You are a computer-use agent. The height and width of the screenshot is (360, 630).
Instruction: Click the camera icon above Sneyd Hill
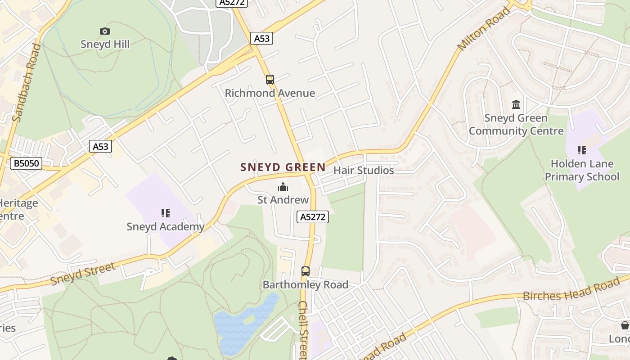point(104,31)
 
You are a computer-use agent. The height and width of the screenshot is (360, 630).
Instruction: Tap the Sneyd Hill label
point(105,44)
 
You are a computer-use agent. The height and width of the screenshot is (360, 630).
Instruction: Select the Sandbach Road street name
point(25,83)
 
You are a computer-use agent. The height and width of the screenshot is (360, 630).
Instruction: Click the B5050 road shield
point(26,163)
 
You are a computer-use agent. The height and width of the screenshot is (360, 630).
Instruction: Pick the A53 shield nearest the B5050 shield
point(100,146)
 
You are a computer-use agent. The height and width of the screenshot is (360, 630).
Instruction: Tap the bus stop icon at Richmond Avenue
point(270,80)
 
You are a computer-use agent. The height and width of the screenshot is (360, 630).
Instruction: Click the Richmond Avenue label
point(270,93)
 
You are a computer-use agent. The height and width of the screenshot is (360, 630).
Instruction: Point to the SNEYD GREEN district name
point(283,167)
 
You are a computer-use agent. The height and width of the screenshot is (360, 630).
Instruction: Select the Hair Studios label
point(364,171)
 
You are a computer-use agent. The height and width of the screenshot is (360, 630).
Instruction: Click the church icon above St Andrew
point(283,187)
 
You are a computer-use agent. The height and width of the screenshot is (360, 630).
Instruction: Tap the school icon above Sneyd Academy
point(165,213)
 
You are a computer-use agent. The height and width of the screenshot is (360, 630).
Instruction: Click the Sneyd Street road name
point(83,274)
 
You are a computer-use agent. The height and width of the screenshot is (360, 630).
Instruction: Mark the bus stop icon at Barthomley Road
point(306,271)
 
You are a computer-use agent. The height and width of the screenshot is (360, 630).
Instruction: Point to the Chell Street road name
point(303,331)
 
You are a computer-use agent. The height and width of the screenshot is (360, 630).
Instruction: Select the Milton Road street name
point(483,29)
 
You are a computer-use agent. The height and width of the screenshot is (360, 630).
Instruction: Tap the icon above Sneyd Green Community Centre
point(516,105)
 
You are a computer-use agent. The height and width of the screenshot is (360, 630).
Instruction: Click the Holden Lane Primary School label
point(582,170)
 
